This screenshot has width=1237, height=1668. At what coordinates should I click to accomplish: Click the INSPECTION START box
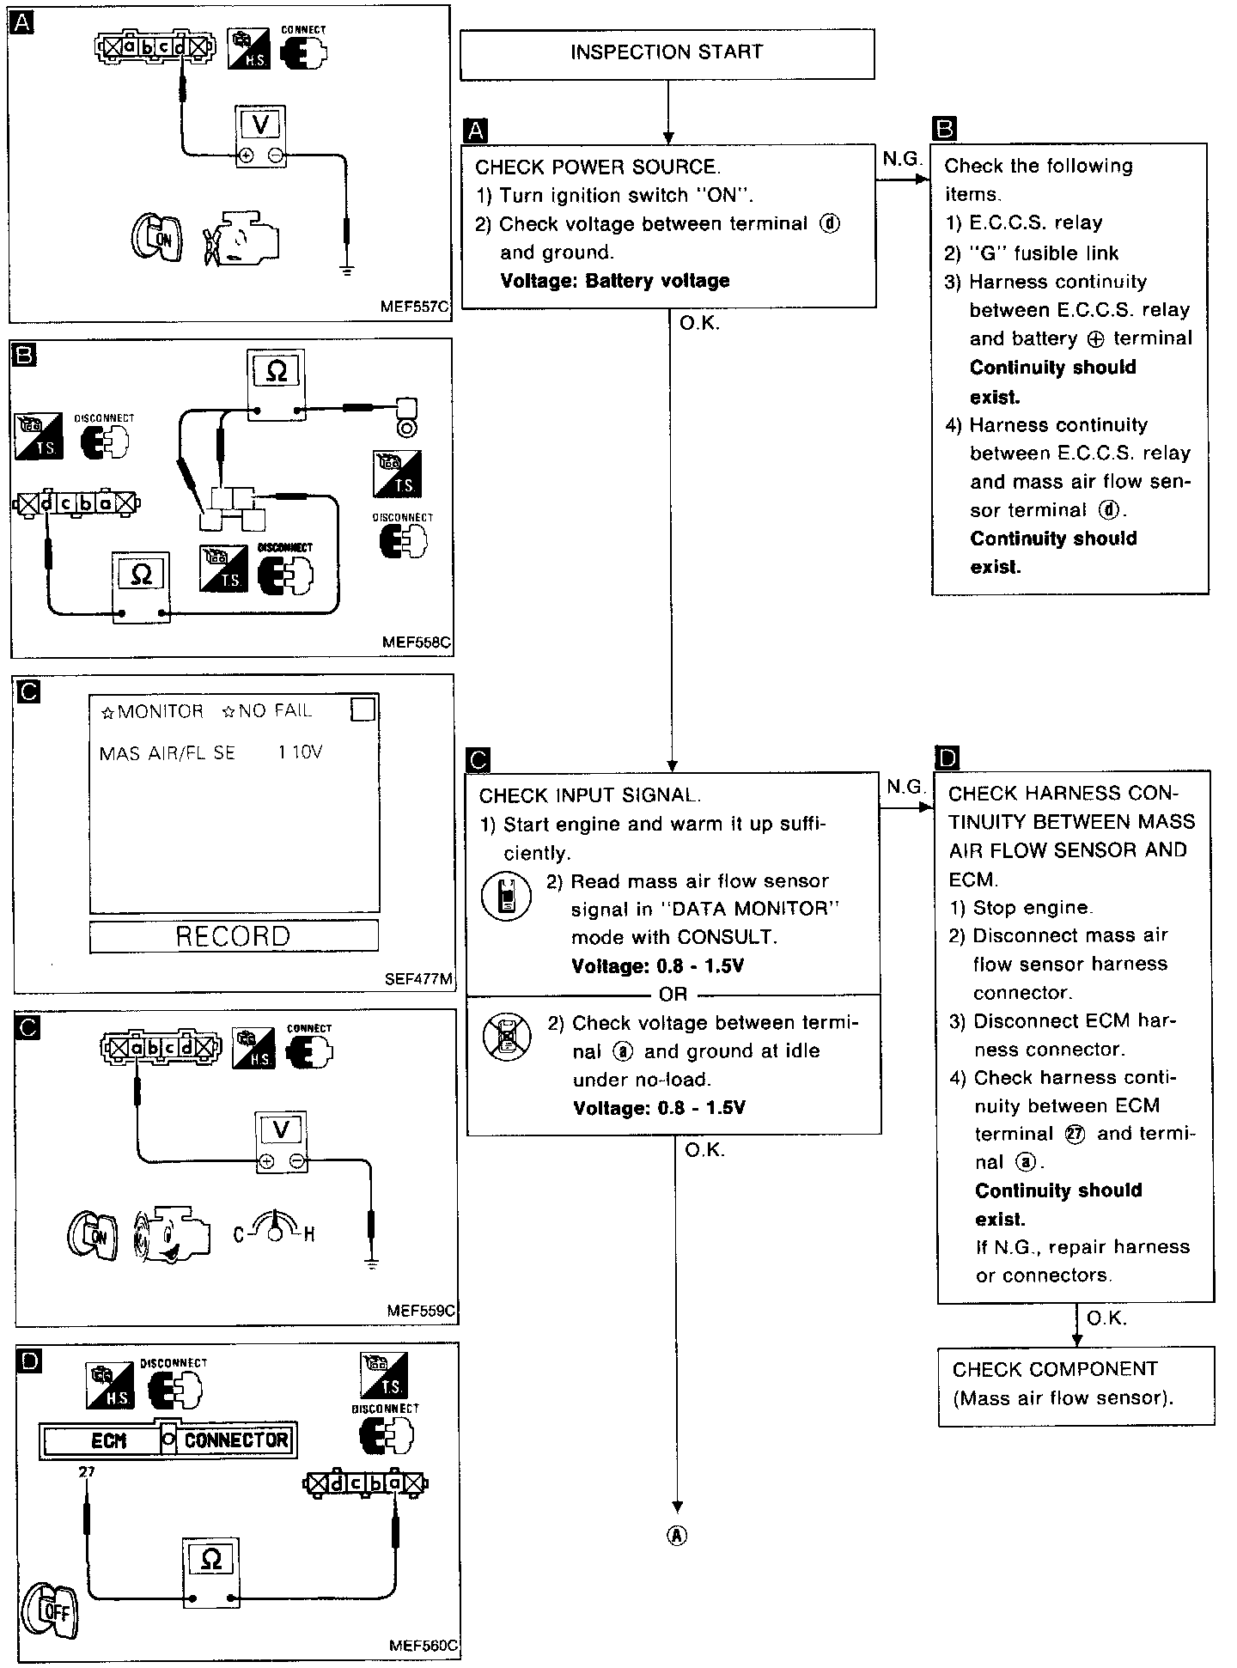[x=667, y=53]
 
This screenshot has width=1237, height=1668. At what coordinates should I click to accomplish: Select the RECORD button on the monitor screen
[x=234, y=936]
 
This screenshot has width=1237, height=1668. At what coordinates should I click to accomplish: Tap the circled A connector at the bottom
[x=678, y=1537]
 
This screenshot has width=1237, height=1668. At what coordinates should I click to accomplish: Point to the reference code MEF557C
[x=416, y=306]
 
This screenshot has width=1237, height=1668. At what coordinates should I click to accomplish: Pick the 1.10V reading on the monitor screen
[x=300, y=753]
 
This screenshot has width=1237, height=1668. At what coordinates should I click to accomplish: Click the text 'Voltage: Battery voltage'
[x=614, y=281]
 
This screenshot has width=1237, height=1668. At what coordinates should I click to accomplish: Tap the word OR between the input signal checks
[x=673, y=995]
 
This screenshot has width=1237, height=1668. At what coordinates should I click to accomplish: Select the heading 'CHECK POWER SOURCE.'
[x=598, y=167]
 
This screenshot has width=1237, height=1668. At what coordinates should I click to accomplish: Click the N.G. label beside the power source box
[x=901, y=160]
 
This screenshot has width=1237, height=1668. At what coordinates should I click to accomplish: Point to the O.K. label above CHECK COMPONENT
[x=1106, y=1318]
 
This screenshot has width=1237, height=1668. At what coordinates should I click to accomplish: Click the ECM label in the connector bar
[x=108, y=1441]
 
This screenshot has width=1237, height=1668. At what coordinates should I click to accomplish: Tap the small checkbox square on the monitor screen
[x=363, y=709]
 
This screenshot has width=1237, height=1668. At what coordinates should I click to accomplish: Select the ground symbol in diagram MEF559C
[x=371, y=1263]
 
